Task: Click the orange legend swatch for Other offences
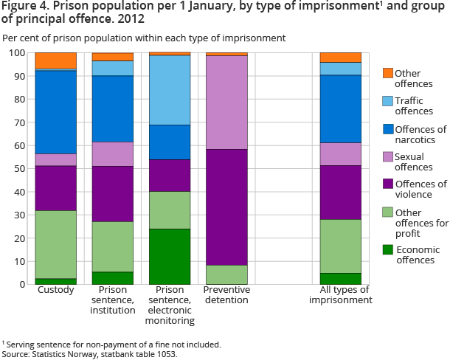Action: click(x=387, y=73)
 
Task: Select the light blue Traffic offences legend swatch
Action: click(x=387, y=101)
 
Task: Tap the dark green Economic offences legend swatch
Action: click(x=387, y=249)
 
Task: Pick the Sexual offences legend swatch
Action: click(x=387, y=156)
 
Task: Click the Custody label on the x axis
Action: click(x=55, y=291)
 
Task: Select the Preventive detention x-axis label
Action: click(x=226, y=295)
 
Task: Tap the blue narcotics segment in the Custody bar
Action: click(x=55, y=112)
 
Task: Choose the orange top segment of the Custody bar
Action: click(x=55, y=60)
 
